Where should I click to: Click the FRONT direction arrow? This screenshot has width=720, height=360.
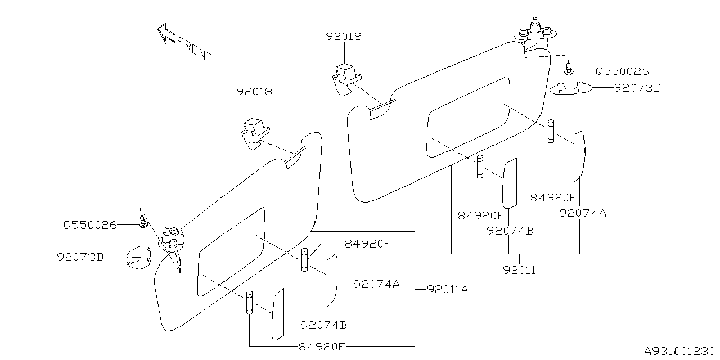coord(166,33)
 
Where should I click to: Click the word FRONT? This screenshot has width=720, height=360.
coord(195,50)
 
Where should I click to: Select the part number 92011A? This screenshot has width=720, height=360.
coord(447,290)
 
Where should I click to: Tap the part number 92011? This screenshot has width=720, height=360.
coord(519,271)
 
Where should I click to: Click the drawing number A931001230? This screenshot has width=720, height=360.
coord(679,350)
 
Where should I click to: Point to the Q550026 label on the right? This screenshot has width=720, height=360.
coord(622,71)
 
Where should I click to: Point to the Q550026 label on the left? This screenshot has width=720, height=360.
coord(90,225)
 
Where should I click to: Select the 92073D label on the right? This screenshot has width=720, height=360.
coord(638,88)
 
